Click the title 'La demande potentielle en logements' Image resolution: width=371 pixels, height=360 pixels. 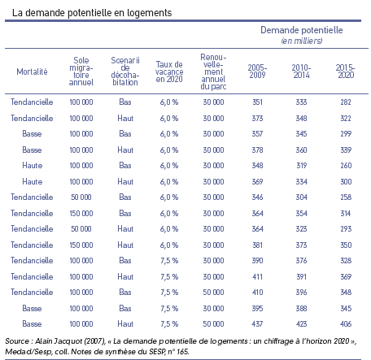[92, 13]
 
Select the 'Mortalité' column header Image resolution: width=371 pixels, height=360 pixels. [32, 72]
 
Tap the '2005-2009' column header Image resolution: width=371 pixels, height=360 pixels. [257, 72]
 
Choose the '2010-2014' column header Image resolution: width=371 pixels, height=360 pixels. [301, 72]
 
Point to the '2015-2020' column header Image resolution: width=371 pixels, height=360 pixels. [346, 72]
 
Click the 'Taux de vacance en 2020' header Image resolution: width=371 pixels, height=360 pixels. [169, 72]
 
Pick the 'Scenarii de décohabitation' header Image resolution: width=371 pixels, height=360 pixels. [125, 72]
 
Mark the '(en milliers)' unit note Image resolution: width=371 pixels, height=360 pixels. [302, 41]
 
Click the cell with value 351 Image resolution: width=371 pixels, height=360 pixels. [257, 102]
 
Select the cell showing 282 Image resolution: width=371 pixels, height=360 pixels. [346, 102]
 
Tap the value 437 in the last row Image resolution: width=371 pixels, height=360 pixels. [257, 323]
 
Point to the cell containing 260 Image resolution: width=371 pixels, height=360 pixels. [346, 165]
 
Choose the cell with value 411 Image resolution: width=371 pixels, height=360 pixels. [257, 276]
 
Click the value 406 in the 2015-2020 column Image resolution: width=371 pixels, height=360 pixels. [346, 323]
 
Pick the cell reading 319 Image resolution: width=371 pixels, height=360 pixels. [302, 165]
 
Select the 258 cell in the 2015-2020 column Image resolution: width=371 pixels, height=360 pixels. [346, 197]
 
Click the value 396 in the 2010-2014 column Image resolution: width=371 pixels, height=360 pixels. [302, 292]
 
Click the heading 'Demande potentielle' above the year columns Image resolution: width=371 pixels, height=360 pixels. [302, 30]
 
